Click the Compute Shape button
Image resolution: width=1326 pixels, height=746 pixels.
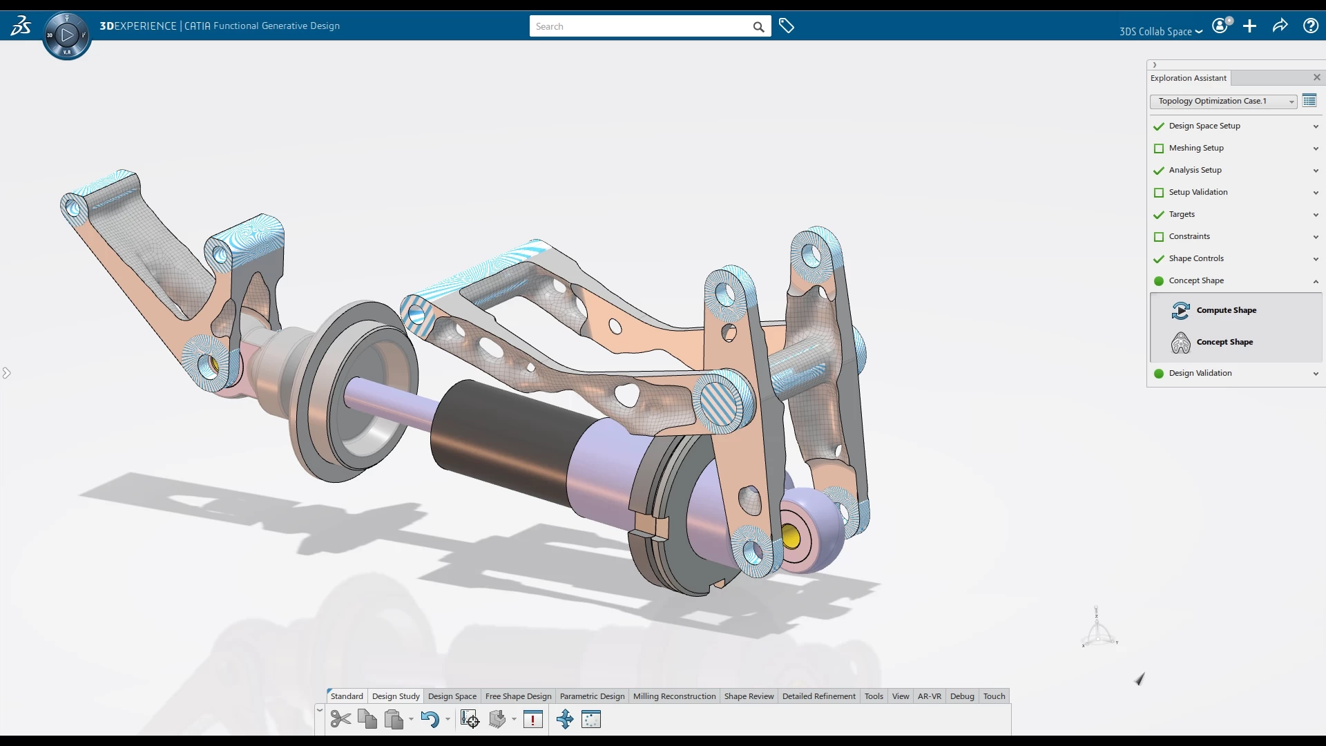(x=1225, y=310)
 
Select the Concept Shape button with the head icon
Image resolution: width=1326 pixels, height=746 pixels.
(x=1224, y=342)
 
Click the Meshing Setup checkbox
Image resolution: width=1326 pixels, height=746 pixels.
(x=1159, y=149)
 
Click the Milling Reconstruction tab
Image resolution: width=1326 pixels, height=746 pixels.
(x=674, y=696)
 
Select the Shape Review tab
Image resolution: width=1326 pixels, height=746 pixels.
(x=749, y=696)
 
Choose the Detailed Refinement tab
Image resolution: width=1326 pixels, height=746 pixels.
(x=818, y=696)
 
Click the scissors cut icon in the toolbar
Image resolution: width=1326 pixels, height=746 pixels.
(x=340, y=719)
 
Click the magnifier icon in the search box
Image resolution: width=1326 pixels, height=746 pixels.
(x=758, y=27)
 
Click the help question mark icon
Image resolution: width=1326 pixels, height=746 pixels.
(x=1310, y=26)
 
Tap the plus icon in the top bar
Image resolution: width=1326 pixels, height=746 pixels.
(x=1249, y=26)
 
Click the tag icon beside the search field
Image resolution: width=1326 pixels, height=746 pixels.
(x=786, y=26)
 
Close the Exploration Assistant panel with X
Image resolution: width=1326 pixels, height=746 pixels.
(x=1316, y=77)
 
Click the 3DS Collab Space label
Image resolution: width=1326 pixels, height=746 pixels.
(x=1155, y=32)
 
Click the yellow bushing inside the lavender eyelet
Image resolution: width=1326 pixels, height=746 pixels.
(x=791, y=537)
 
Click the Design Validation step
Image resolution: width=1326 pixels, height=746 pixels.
(x=1200, y=373)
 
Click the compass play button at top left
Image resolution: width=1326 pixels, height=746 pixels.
(x=67, y=35)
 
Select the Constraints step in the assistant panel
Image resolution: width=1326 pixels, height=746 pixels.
(x=1189, y=236)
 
